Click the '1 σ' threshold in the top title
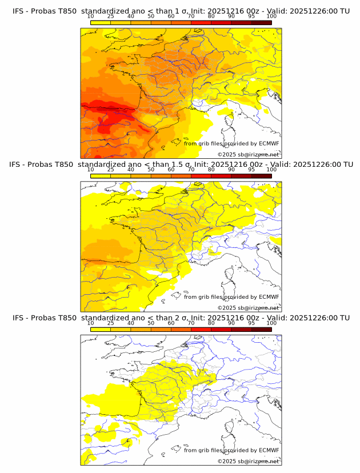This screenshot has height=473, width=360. coord(184,11)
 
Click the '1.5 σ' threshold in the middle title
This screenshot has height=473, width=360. coord(186,165)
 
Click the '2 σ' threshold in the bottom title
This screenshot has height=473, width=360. coord(184,318)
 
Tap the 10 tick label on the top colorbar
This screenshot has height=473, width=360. coord(90,17)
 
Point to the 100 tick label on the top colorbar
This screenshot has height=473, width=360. coord(271,17)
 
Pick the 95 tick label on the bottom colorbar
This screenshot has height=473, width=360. coord(251,323)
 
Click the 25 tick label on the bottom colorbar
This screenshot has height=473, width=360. coord(111,323)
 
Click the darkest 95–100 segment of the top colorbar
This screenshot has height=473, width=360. coord(261,22)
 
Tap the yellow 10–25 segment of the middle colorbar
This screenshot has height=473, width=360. coord(101,176)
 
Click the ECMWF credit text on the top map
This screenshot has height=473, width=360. coord(231,144)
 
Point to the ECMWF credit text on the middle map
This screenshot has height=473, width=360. coord(231,297)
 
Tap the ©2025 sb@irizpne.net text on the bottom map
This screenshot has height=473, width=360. coord(248,461)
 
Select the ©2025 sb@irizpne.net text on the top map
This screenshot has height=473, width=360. coord(248,155)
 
